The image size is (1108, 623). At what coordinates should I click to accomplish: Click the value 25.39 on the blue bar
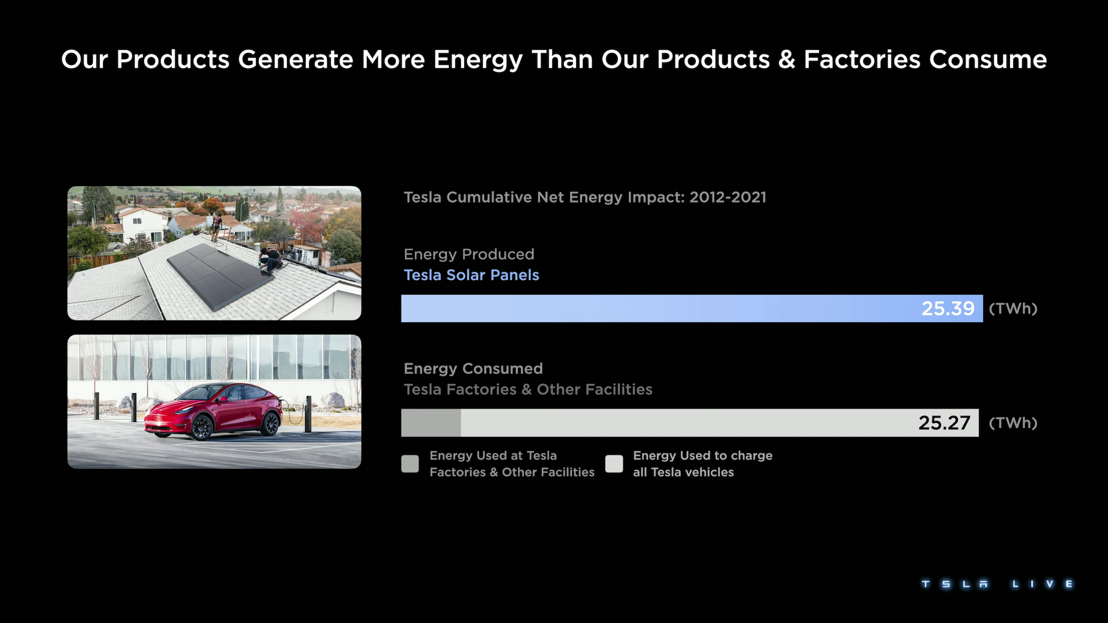[x=948, y=308]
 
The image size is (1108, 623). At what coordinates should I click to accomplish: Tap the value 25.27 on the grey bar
[x=945, y=423]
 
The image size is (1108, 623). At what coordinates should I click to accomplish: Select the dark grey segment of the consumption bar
[x=431, y=423]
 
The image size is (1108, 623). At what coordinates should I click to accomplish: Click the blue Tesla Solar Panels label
[x=471, y=275]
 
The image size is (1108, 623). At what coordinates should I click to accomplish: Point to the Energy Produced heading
[x=469, y=254]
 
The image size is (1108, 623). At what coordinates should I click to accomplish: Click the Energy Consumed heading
[x=474, y=369]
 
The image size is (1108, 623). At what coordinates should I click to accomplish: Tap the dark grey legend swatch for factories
[x=410, y=464]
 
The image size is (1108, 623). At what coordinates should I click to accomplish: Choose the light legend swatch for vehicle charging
[x=614, y=464]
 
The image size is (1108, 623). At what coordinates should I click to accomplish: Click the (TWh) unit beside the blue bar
[x=1013, y=308]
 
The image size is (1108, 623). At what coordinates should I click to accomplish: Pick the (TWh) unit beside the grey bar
[x=1013, y=423]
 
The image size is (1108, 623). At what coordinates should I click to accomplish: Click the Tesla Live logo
[x=997, y=584]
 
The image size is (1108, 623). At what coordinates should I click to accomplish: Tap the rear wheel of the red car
[x=271, y=424]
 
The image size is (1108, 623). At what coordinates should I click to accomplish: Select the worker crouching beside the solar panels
[x=270, y=259]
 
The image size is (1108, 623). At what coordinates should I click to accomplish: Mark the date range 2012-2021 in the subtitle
[x=728, y=198]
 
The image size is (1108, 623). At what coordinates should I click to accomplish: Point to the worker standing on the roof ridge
[x=216, y=227]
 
